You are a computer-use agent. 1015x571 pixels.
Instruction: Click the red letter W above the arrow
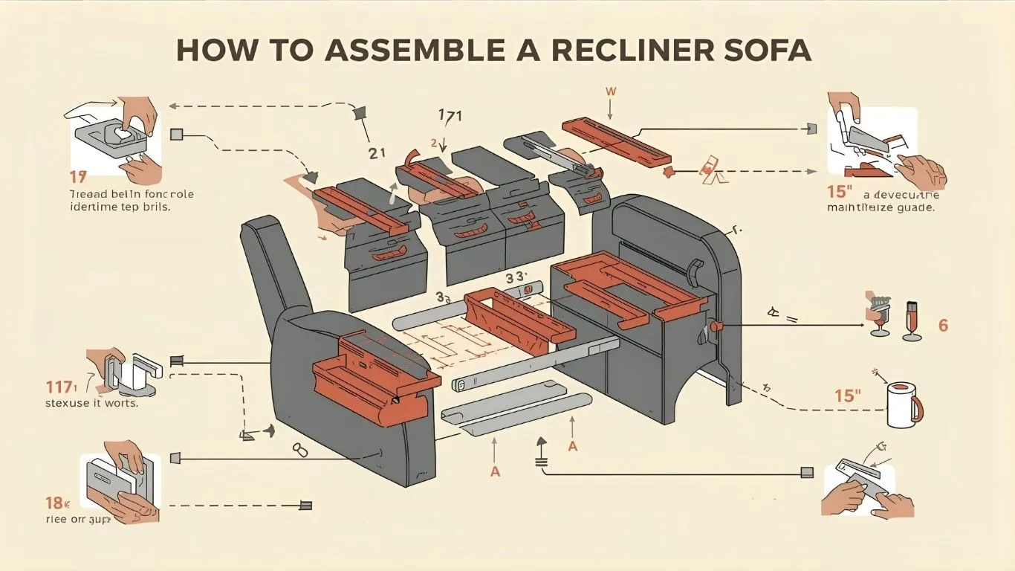[612, 91]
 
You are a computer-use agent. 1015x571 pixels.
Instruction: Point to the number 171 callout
[450, 116]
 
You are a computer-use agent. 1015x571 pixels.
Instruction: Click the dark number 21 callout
[377, 153]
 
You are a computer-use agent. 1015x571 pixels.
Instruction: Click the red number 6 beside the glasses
[943, 326]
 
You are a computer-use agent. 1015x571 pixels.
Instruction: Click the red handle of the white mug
[917, 408]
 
